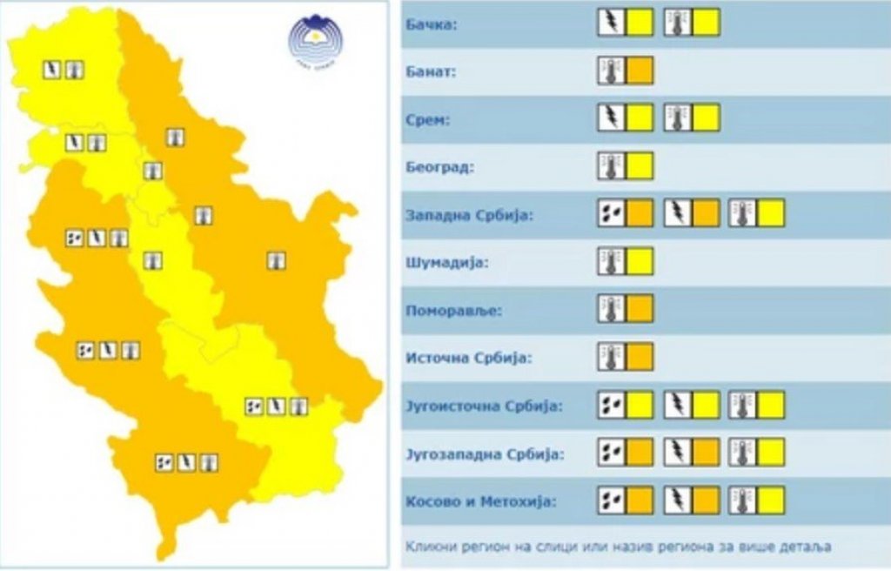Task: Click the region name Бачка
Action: (432, 24)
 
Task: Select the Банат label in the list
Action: (432, 71)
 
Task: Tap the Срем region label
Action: (428, 119)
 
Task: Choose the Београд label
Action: (440, 167)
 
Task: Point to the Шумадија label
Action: (442, 262)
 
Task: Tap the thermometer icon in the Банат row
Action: (611, 71)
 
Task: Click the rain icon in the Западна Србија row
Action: (611, 212)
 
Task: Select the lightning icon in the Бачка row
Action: (611, 23)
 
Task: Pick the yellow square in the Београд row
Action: (640, 165)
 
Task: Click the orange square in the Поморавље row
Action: (640, 308)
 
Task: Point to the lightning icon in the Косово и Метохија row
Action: (677, 500)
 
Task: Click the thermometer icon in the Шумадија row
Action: (611, 261)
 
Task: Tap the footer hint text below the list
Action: (618, 547)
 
